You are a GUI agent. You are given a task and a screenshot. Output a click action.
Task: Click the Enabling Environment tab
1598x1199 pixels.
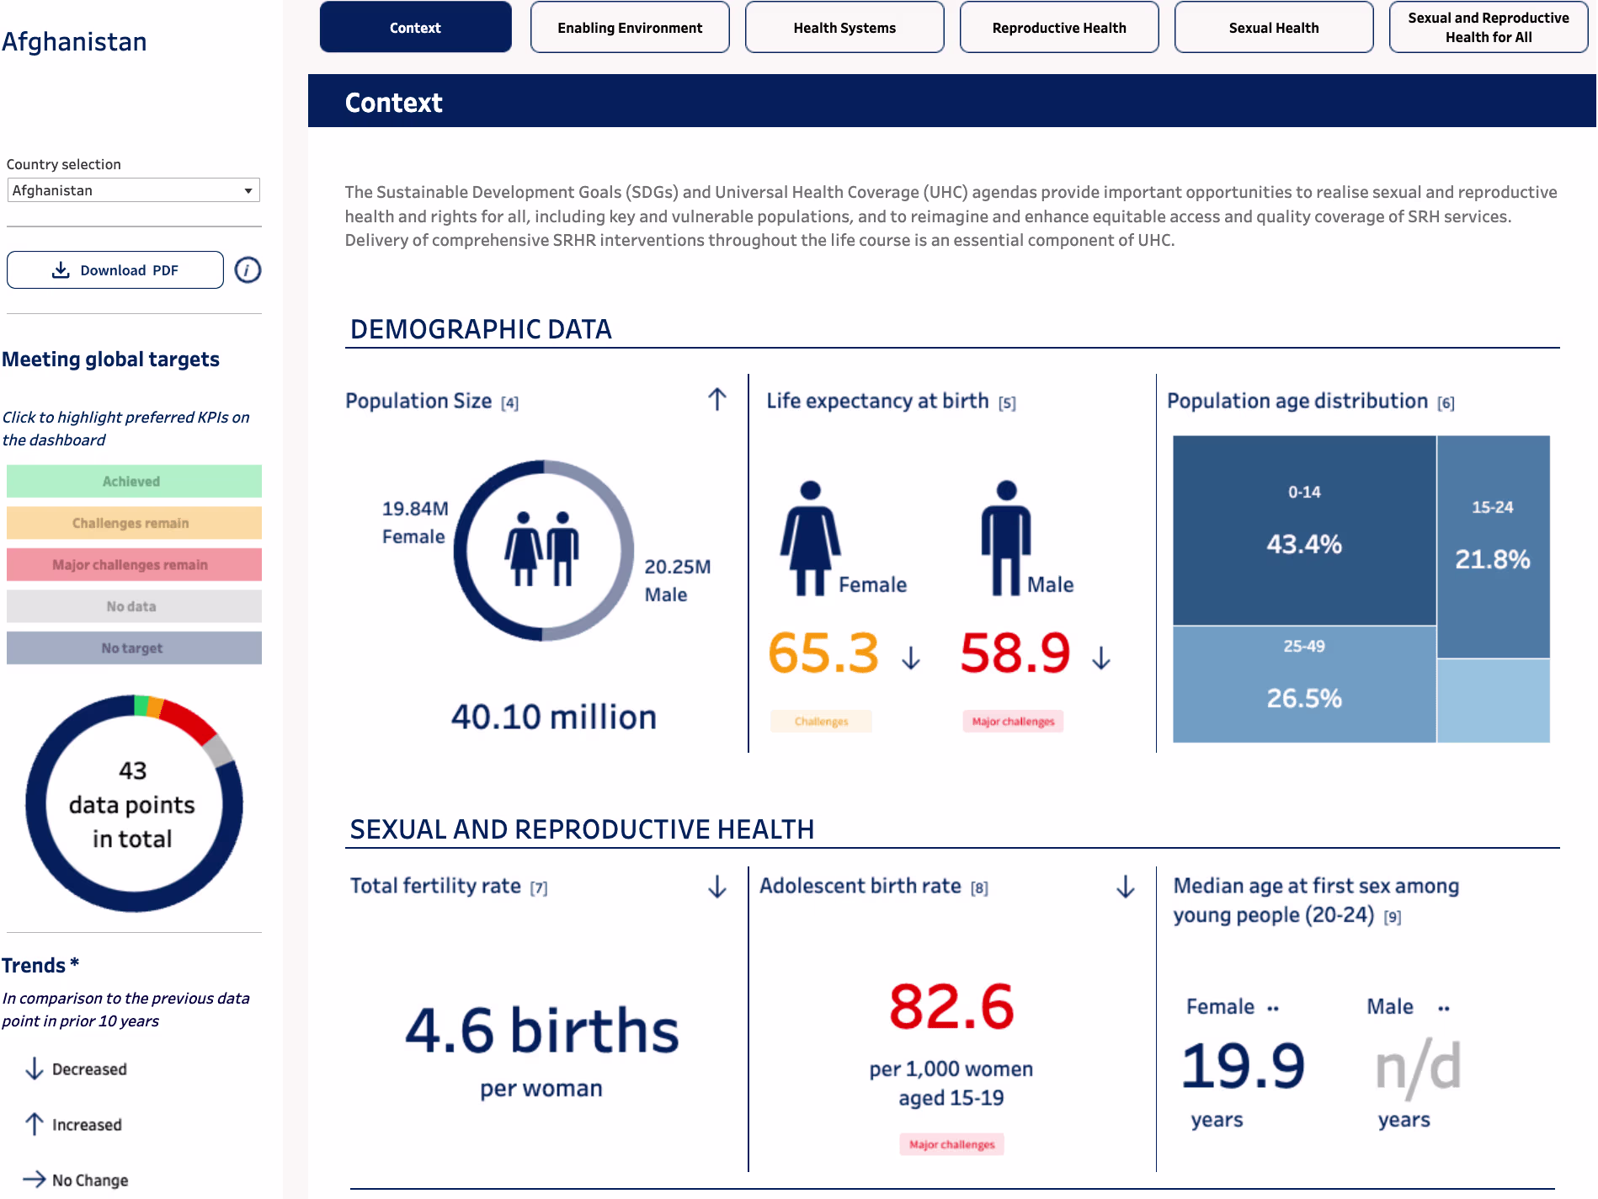(630, 28)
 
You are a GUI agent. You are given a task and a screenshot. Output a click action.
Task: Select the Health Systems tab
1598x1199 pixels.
(844, 28)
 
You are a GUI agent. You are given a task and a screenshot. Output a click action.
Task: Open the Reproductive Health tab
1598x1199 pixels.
(1059, 28)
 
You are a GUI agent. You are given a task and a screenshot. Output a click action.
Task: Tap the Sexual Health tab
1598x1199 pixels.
(1274, 28)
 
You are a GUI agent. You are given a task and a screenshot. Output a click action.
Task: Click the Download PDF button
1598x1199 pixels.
(115, 270)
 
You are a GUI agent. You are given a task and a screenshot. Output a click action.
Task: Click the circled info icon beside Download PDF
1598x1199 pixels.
(248, 270)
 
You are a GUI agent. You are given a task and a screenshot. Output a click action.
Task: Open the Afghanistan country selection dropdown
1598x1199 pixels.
(134, 190)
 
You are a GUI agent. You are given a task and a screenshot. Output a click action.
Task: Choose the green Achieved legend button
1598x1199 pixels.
(134, 482)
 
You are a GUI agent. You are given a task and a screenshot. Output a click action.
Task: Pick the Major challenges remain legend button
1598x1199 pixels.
(134, 565)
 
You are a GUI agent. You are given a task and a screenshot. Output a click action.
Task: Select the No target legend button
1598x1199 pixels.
(134, 648)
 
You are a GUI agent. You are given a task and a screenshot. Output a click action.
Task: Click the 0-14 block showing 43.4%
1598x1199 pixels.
(1304, 530)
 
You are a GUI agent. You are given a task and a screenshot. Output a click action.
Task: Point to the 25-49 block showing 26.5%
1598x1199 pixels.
(1304, 684)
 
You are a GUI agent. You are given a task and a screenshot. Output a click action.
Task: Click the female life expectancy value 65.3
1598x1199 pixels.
(823, 653)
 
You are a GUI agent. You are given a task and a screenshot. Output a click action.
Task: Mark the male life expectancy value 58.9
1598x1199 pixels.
(1015, 653)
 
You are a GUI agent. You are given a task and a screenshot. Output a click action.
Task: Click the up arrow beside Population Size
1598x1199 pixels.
(717, 399)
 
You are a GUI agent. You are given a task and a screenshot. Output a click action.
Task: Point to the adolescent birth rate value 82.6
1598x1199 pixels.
(951, 1007)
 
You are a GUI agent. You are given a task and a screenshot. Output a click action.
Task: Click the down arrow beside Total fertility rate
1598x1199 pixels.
(717, 887)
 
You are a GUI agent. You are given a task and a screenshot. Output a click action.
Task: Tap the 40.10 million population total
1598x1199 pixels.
(553, 717)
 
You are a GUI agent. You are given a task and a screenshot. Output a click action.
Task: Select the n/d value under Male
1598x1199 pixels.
(1418, 1068)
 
